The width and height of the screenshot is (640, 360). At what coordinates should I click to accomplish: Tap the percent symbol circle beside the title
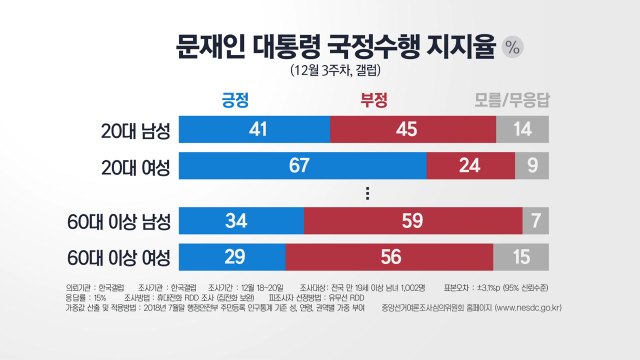coord(514,46)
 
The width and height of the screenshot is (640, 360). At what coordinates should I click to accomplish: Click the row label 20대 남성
coord(127,129)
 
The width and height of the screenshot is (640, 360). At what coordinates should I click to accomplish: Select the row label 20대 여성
coord(127,165)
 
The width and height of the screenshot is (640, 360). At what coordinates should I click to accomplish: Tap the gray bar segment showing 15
coord(521,257)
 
